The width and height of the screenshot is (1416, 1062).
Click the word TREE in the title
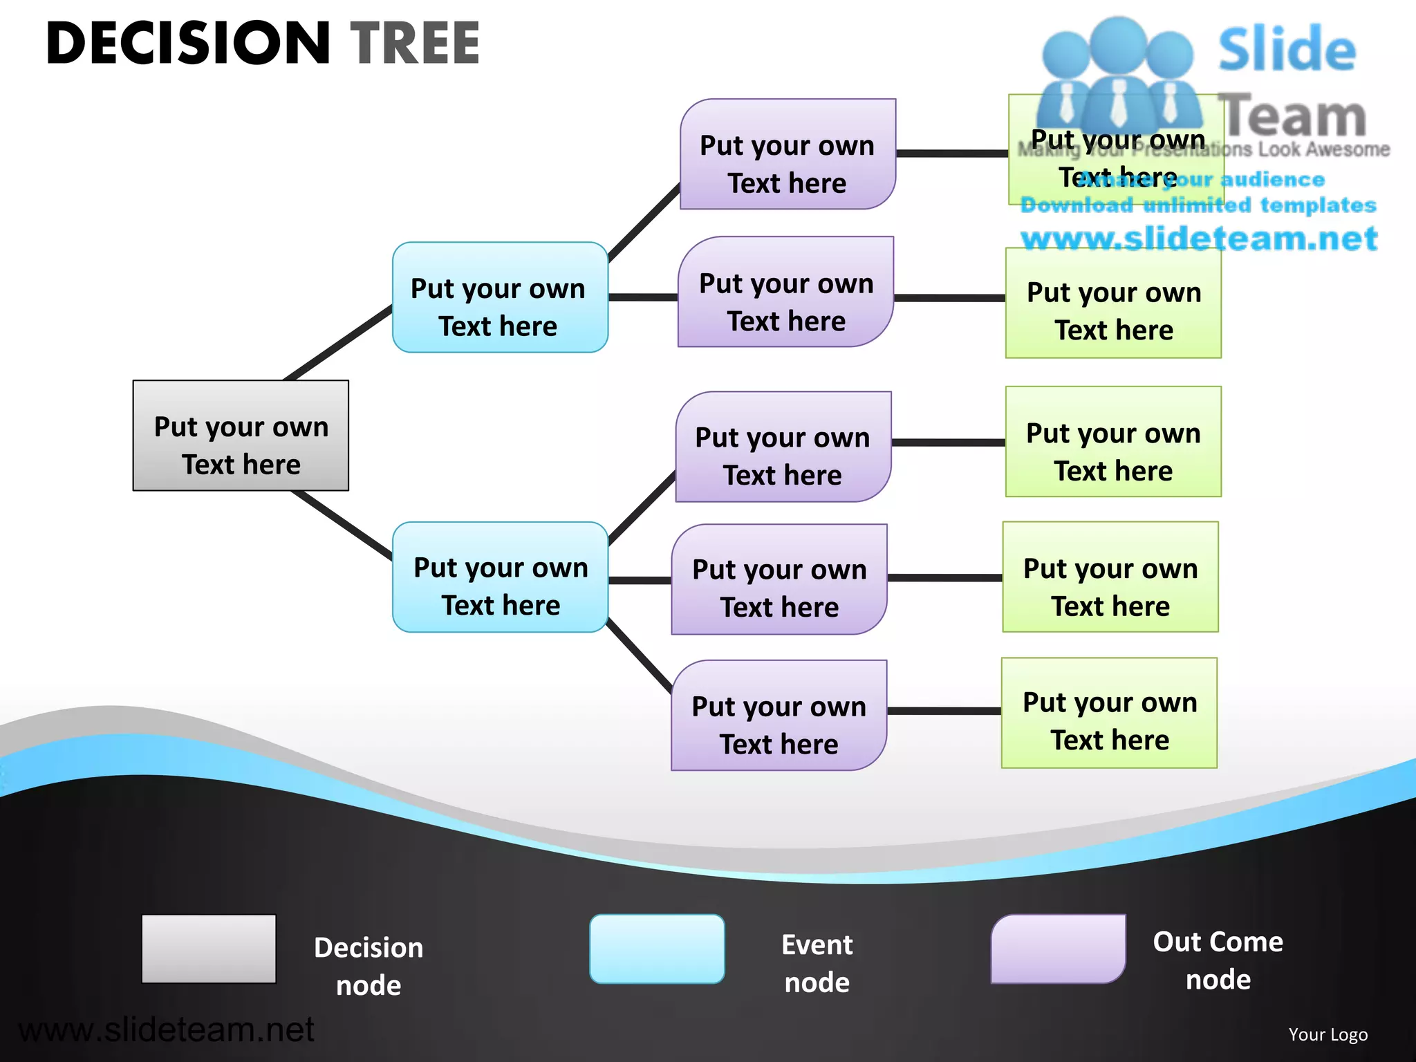[415, 43]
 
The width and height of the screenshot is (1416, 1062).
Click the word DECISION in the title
[188, 43]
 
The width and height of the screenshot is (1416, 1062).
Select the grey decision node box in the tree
[241, 436]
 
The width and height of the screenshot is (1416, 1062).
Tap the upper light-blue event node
[500, 297]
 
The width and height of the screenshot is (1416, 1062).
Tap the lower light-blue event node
[500, 577]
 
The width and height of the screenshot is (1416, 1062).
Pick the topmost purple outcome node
[788, 154]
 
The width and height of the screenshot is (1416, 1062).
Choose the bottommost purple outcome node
[779, 716]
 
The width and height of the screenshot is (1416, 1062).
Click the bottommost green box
[1109, 713]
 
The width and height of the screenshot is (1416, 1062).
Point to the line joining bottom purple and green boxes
[944, 711]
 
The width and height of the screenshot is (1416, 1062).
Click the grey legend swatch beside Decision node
[209, 949]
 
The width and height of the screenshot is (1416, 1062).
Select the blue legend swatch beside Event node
[657, 949]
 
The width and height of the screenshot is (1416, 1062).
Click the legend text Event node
[817, 963]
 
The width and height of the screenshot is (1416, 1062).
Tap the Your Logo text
[1327, 1034]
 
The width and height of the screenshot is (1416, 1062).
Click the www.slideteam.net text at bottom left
[166, 1030]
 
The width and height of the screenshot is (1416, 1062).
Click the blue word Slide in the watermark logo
[1287, 50]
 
